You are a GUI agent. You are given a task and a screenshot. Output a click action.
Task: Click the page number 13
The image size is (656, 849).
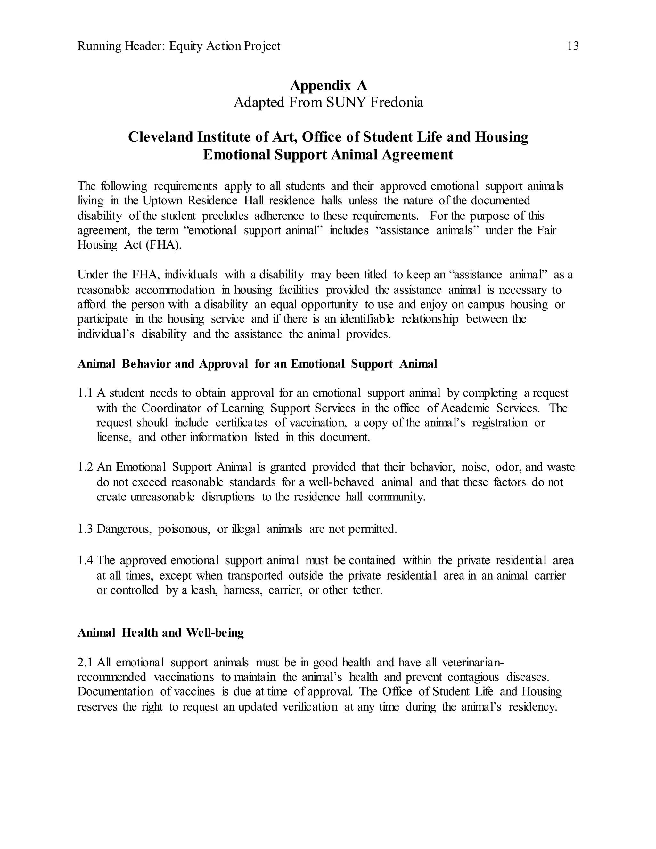(573, 46)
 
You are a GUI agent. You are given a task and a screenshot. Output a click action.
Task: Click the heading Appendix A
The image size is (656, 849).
(328, 85)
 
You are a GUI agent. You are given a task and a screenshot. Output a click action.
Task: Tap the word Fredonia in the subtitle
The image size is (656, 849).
(397, 103)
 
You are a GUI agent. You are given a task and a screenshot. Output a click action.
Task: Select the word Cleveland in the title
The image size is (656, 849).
(160, 137)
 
